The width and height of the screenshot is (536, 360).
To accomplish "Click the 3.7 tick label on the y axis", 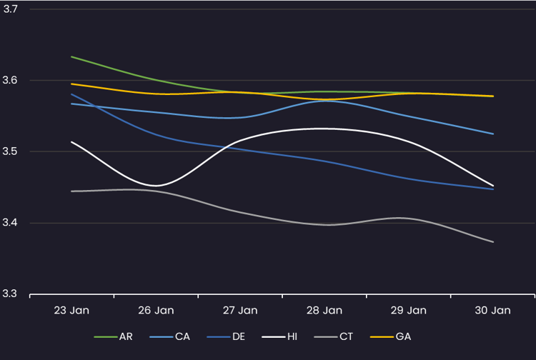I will point(10,9).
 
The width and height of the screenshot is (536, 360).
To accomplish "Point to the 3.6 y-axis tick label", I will point(10,80).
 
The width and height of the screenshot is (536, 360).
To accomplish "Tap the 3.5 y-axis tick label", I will point(10,151).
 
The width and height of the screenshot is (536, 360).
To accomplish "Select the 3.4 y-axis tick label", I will point(10,223).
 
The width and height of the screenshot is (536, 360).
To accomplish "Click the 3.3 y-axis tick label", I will point(10,294).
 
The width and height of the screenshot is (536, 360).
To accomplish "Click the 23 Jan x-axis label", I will point(71,311).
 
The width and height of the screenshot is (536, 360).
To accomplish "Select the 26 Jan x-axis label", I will point(156,311).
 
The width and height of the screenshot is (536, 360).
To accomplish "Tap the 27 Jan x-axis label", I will point(240,311).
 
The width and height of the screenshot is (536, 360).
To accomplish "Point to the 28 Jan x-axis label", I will point(324,311).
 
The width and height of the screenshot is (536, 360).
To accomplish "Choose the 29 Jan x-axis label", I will point(409,311).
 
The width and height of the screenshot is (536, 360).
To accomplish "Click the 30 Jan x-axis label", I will point(493,311).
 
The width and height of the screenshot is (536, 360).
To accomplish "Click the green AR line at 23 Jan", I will point(72,56).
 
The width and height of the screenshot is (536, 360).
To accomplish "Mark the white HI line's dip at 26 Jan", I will point(156,186).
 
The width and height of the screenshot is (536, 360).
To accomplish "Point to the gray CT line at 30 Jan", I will point(492,241).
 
